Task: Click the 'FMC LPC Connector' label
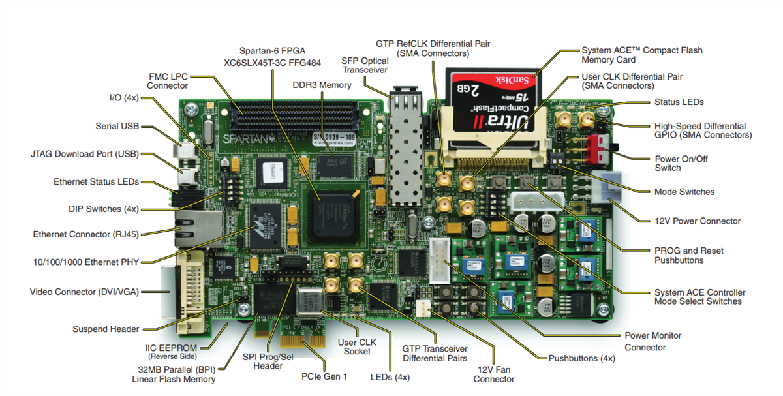click(x=167, y=80)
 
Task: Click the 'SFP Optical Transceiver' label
click(x=365, y=65)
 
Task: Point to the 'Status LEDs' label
click(x=679, y=102)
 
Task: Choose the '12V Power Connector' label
click(x=698, y=221)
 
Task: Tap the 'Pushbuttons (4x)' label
click(x=582, y=358)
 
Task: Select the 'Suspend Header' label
click(x=106, y=329)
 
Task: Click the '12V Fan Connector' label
click(x=494, y=374)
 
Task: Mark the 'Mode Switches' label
click(x=684, y=192)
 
